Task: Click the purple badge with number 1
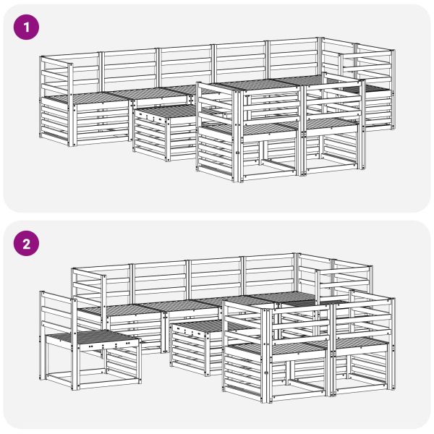coord(26,27)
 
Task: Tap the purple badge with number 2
coord(26,244)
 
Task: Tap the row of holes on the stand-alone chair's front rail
coord(109,345)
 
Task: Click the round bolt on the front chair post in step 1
coord(237,152)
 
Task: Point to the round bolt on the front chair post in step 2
coord(266,373)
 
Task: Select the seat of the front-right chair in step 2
coord(359,343)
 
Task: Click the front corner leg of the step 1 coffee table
coord(167,139)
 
